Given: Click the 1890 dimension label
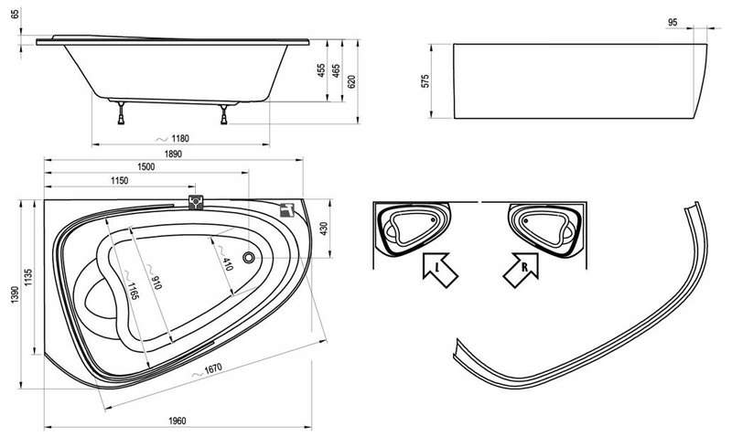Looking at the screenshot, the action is coord(173,154).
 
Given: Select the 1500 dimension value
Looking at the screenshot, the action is coord(145,166).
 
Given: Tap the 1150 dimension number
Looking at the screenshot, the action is coord(120,180).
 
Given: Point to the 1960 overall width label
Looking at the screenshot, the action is coord(178,421).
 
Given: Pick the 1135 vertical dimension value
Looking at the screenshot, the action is coord(29,277).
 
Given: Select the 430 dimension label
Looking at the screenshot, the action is coord(324,229).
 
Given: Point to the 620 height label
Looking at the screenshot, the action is coord(352,81).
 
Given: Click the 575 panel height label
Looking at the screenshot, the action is coord(425,80).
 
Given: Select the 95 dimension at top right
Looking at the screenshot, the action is coord(673,22).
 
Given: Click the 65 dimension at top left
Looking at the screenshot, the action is coord(16,15).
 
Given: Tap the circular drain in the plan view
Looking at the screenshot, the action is coord(249,257).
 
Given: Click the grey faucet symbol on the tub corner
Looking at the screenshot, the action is coord(287,210).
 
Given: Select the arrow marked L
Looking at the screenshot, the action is coord(439,270).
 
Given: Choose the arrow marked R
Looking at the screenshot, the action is coord(522,270).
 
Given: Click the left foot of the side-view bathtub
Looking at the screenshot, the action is coord(122,113).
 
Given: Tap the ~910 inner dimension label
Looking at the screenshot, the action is coord(154,276).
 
